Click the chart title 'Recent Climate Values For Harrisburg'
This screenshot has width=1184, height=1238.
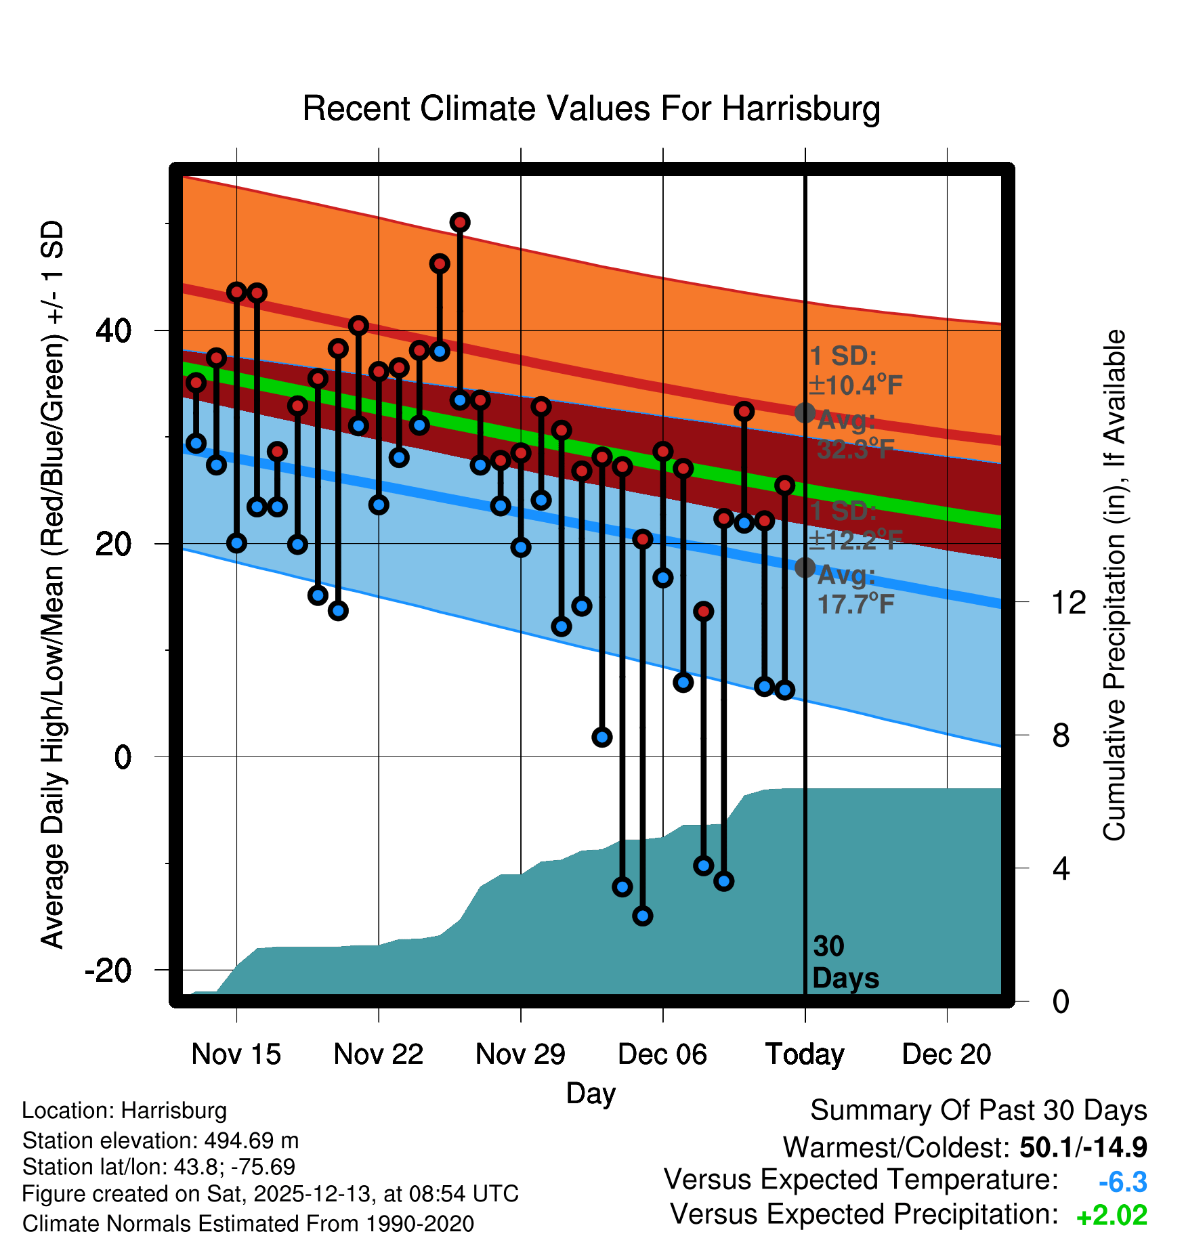pos(591,109)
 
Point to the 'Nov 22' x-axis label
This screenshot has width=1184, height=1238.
pos(378,1054)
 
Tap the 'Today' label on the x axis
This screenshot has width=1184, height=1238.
pos(805,1054)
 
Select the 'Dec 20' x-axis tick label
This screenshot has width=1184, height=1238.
pos(946,1054)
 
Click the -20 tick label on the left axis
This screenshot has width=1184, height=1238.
pos(108,970)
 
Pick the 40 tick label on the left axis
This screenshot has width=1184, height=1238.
pos(113,331)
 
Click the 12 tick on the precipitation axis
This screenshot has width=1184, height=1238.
pos(1068,602)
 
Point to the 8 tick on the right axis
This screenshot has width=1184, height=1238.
pos(1061,735)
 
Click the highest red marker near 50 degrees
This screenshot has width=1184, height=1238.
pos(460,222)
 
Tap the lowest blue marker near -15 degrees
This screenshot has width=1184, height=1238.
pos(642,916)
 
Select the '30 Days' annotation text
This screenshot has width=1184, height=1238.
pos(845,962)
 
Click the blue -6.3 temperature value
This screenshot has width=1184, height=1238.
pos(1122,1182)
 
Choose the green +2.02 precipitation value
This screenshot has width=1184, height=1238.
pos(1112,1216)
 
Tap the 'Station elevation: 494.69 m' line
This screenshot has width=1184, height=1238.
pos(161,1141)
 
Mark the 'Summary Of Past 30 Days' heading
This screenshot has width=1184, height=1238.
pos(978,1111)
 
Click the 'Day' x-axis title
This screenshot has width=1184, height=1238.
pos(591,1093)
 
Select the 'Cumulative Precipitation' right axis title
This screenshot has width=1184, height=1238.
pos(1114,586)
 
